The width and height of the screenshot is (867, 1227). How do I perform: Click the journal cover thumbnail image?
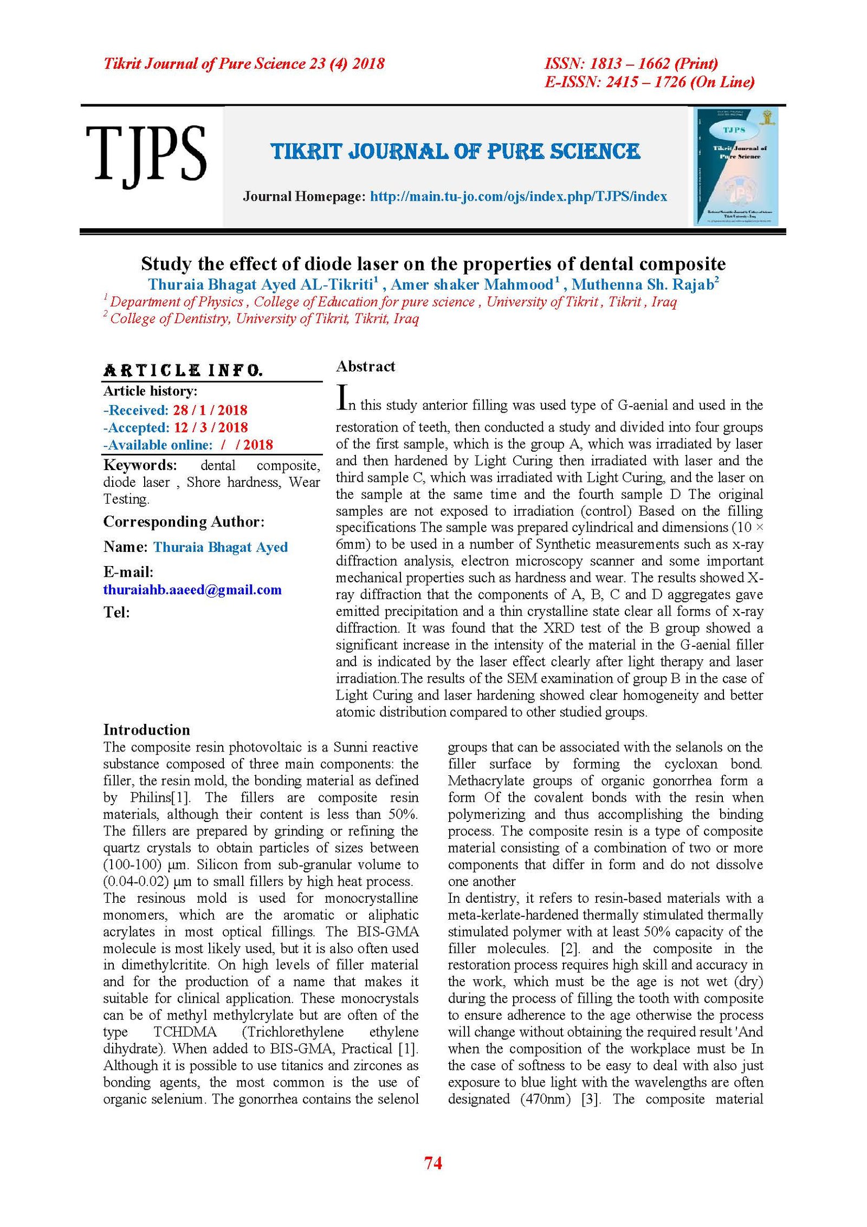736,166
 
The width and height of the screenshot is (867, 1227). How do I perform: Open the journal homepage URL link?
518,196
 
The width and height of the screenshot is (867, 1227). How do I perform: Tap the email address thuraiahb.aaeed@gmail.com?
192,589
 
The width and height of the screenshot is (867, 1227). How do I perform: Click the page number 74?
433,1162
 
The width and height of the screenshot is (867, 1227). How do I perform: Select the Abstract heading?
365,367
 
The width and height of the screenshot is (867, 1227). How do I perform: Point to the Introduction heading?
146,729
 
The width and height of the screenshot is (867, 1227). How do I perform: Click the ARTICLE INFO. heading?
183,371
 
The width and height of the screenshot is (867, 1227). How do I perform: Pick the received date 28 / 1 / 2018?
210,410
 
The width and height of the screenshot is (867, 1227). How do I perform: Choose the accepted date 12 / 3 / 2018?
211,427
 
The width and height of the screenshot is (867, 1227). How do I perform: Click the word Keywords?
140,465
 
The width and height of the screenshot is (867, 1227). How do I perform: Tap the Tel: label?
117,612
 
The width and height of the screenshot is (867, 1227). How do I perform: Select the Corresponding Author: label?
184,522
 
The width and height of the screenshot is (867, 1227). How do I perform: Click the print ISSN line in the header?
631,63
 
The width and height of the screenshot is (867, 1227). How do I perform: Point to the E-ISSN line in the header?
649,82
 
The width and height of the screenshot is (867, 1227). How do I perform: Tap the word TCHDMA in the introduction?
185,1032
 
